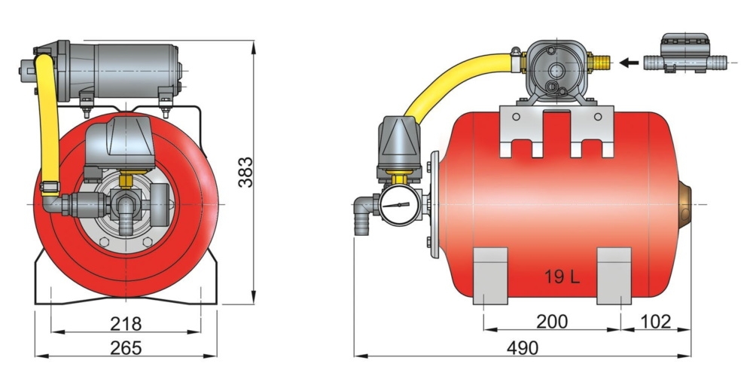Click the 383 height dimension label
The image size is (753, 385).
pyautogui.click(x=242, y=173)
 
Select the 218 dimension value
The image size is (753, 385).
pyautogui.click(x=127, y=323)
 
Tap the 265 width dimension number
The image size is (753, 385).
pyautogui.click(x=127, y=347)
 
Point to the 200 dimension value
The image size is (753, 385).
pyautogui.click(x=552, y=322)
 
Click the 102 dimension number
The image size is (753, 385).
pyautogui.click(x=655, y=322)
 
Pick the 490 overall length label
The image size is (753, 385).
pyautogui.click(x=522, y=347)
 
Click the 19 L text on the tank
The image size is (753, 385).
pyautogui.click(x=562, y=277)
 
